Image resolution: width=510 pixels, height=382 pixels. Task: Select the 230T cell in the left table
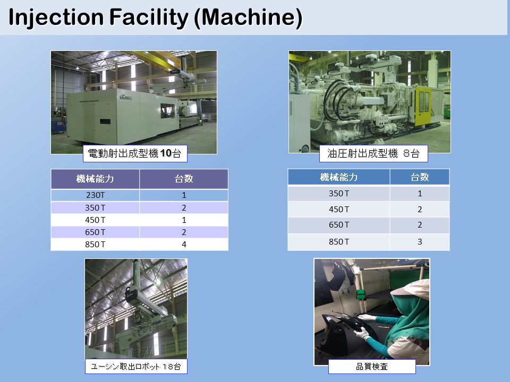click(x=95, y=195)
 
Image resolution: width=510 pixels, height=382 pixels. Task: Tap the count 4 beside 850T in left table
click(x=184, y=244)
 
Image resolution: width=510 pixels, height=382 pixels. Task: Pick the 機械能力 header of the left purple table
click(x=95, y=179)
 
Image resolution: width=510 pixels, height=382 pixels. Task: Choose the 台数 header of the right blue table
click(x=420, y=177)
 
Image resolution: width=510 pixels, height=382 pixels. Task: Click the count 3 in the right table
click(x=420, y=242)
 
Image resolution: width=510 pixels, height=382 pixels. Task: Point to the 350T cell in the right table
click(x=338, y=193)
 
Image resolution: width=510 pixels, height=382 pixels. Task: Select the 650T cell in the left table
click(x=95, y=232)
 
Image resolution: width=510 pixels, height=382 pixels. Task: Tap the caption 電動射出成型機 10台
click(x=135, y=153)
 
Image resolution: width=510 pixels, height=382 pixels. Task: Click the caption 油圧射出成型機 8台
click(x=373, y=153)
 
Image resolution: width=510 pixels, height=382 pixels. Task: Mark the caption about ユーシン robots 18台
click(x=136, y=367)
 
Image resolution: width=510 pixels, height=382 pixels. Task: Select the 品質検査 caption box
click(x=372, y=367)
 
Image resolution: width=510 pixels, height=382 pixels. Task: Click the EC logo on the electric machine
click(x=125, y=97)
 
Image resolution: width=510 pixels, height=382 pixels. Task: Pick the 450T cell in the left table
click(x=95, y=220)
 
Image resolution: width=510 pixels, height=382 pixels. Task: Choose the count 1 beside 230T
click(x=184, y=195)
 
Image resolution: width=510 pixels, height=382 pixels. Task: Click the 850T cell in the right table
click(x=338, y=242)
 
